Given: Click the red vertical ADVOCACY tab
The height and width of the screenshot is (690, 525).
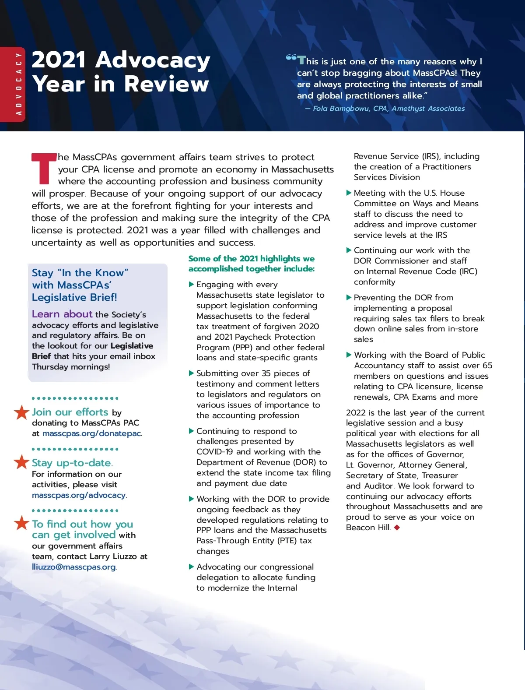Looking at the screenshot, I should tap(13, 84).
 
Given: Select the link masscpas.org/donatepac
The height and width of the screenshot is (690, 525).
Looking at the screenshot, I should tap(92, 433).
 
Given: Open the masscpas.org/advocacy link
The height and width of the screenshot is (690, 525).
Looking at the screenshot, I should tap(79, 495).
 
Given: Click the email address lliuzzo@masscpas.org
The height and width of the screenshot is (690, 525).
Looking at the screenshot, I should tap(74, 567).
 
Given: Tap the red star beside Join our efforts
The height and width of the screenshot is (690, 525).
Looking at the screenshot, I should tap(21, 412).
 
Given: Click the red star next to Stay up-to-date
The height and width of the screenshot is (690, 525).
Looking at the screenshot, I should tap(21, 462).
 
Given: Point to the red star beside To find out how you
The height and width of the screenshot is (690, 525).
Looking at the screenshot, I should tap(21, 523).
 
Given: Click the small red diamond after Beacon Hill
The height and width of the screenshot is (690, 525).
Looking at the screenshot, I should tap(397, 528).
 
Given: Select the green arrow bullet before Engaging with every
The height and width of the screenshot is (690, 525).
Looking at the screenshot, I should tap(191, 285).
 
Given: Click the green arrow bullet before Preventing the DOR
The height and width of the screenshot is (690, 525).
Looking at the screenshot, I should tap(349, 298).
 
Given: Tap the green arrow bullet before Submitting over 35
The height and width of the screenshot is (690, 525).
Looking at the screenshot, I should tap(191, 373).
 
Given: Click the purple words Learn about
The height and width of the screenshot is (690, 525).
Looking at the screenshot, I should tap(62, 314).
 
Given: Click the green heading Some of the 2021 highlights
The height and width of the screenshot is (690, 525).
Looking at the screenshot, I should tap(252, 264).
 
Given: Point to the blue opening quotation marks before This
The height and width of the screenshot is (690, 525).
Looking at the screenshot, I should tap(291, 58).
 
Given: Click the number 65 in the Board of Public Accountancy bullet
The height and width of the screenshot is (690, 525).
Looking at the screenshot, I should tap(487, 366).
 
